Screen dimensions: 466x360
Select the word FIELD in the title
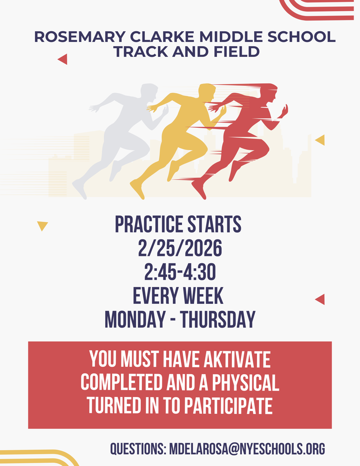[235, 51]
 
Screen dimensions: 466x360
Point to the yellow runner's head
[207, 92]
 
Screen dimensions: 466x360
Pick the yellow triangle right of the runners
[320, 140]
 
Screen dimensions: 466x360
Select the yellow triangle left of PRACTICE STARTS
[42, 226]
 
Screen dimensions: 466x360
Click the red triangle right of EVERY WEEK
[320, 299]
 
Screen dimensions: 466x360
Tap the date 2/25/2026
[180, 249]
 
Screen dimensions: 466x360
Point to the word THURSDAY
[217, 320]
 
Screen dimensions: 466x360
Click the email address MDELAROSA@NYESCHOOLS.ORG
[247, 449]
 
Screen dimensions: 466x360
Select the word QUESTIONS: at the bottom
[138, 449]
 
